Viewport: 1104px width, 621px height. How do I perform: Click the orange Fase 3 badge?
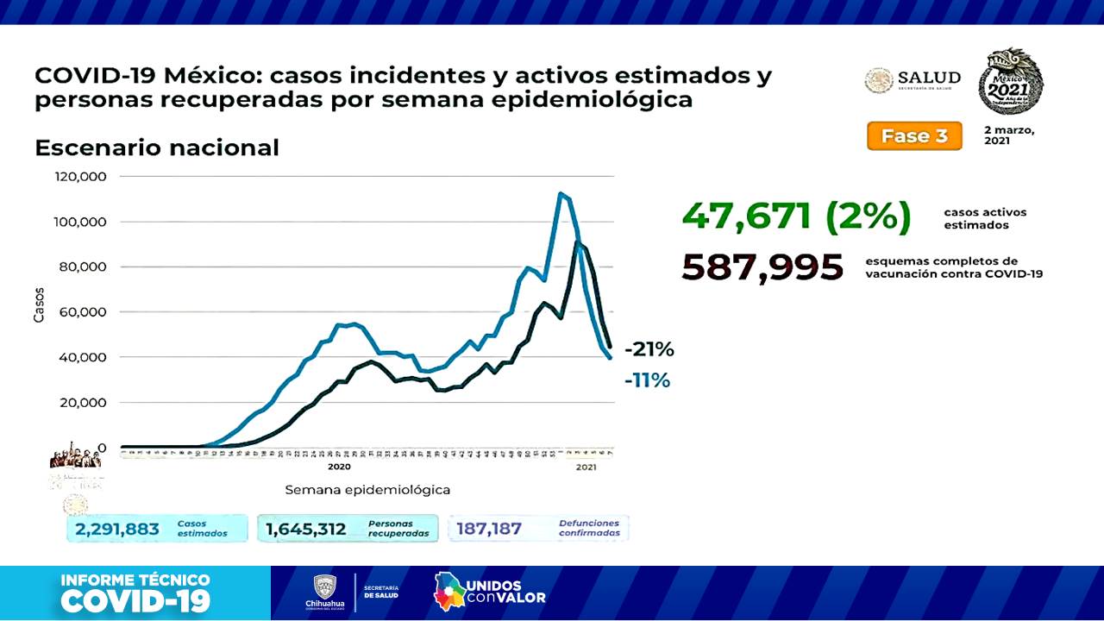pos(913,136)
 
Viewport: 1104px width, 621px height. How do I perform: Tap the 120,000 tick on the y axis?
pos(80,177)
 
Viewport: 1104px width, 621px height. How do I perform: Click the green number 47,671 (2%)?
pos(795,216)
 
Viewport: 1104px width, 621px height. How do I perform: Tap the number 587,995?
pos(762,267)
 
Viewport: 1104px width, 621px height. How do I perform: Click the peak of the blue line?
pos(561,193)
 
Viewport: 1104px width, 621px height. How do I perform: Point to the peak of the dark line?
pos(578,243)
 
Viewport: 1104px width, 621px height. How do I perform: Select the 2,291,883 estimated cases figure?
pos(117,529)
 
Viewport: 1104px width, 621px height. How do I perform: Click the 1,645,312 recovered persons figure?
pos(306,529)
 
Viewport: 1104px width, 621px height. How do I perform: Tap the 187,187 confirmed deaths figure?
pos(489,529)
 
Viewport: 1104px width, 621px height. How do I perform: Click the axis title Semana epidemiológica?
pos(367,490)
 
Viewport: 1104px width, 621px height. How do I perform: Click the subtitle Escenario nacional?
pos(156,147)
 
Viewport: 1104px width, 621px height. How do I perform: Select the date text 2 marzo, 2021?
pos(1008,135)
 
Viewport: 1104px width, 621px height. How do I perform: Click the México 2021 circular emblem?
pos(1010,82)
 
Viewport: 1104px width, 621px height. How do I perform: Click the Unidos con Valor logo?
pos(489,591)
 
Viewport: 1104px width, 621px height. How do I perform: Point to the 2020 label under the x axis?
pos(339,467)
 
